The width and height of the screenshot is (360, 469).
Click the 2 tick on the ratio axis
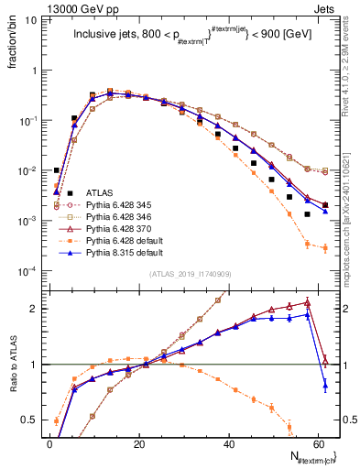(x=34, y=309)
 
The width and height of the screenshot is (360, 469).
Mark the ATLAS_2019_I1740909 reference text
(x=190, y=274)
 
